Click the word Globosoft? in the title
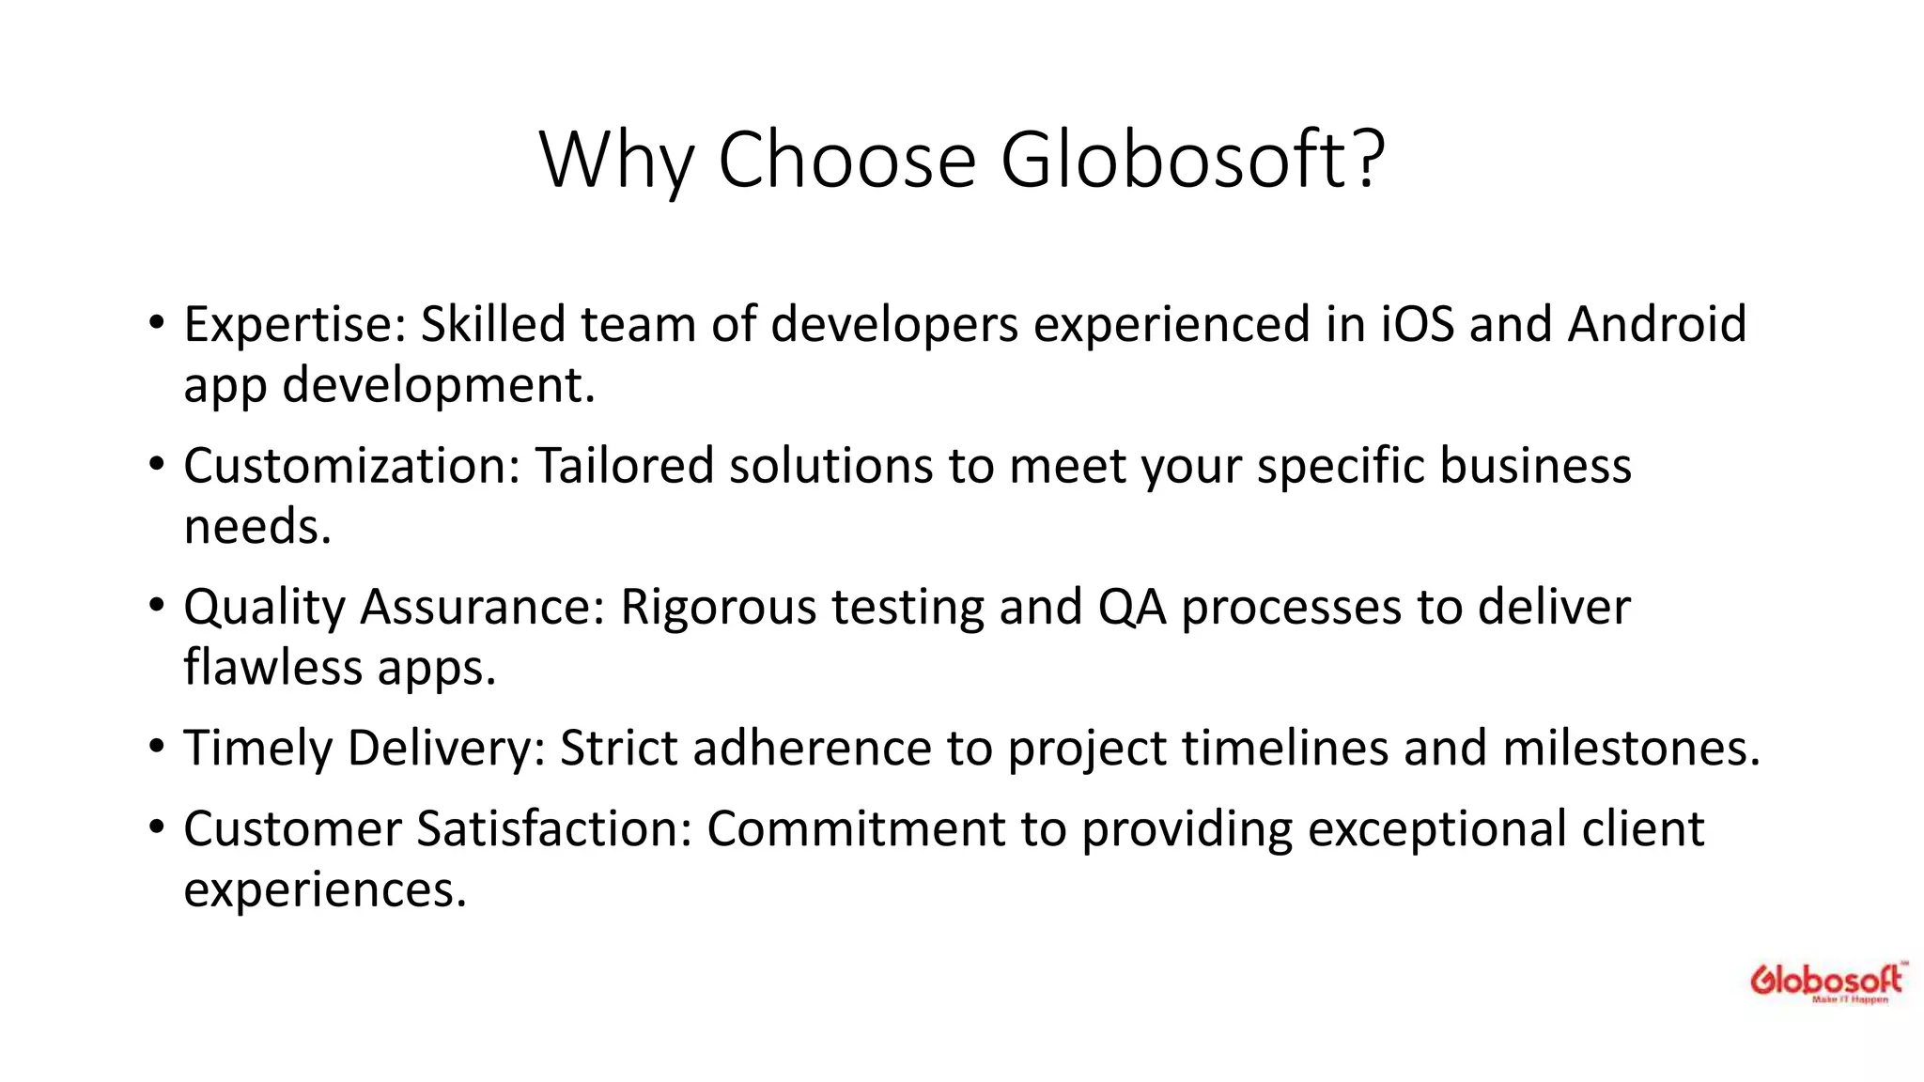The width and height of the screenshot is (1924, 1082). click(1192, 160)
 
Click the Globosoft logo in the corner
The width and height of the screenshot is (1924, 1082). click(1826, 982)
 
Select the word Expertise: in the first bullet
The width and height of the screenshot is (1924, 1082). click(294, 325)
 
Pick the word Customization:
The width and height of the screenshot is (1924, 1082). click(351, 466)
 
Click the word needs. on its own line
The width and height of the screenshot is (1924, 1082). click(257, 526)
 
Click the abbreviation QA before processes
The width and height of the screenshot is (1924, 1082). click(1131, 607)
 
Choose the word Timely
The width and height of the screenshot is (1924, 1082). click(257, 749)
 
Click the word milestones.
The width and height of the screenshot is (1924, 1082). click(1631, 749)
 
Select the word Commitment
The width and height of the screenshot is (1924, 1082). click(856, 828)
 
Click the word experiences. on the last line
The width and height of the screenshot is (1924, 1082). click(325, 889)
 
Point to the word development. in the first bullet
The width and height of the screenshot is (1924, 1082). click(439, 385)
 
